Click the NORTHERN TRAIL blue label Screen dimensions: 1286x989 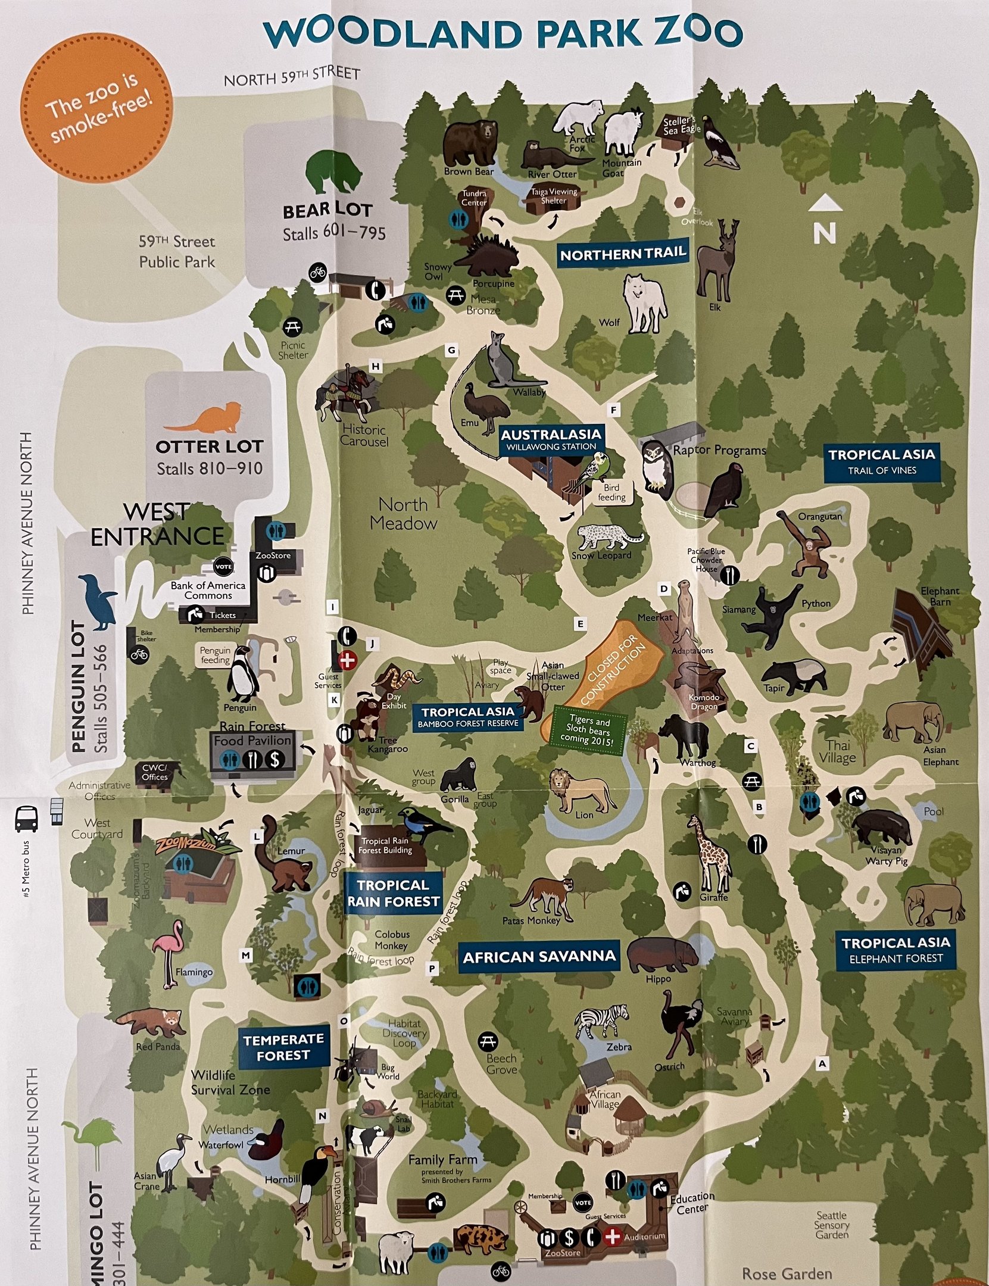point(623,254)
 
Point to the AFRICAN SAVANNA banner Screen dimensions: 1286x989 point(539,957)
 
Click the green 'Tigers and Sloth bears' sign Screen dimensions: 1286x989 point(589,730)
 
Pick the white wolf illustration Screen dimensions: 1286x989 point(643,302)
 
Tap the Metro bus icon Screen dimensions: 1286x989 point(26,819)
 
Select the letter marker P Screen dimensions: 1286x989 point(432,969)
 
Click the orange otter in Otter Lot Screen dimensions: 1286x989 point(205,419)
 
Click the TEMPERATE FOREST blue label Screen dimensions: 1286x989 point(283,1047)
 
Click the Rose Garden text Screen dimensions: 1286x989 point(787,1273)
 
